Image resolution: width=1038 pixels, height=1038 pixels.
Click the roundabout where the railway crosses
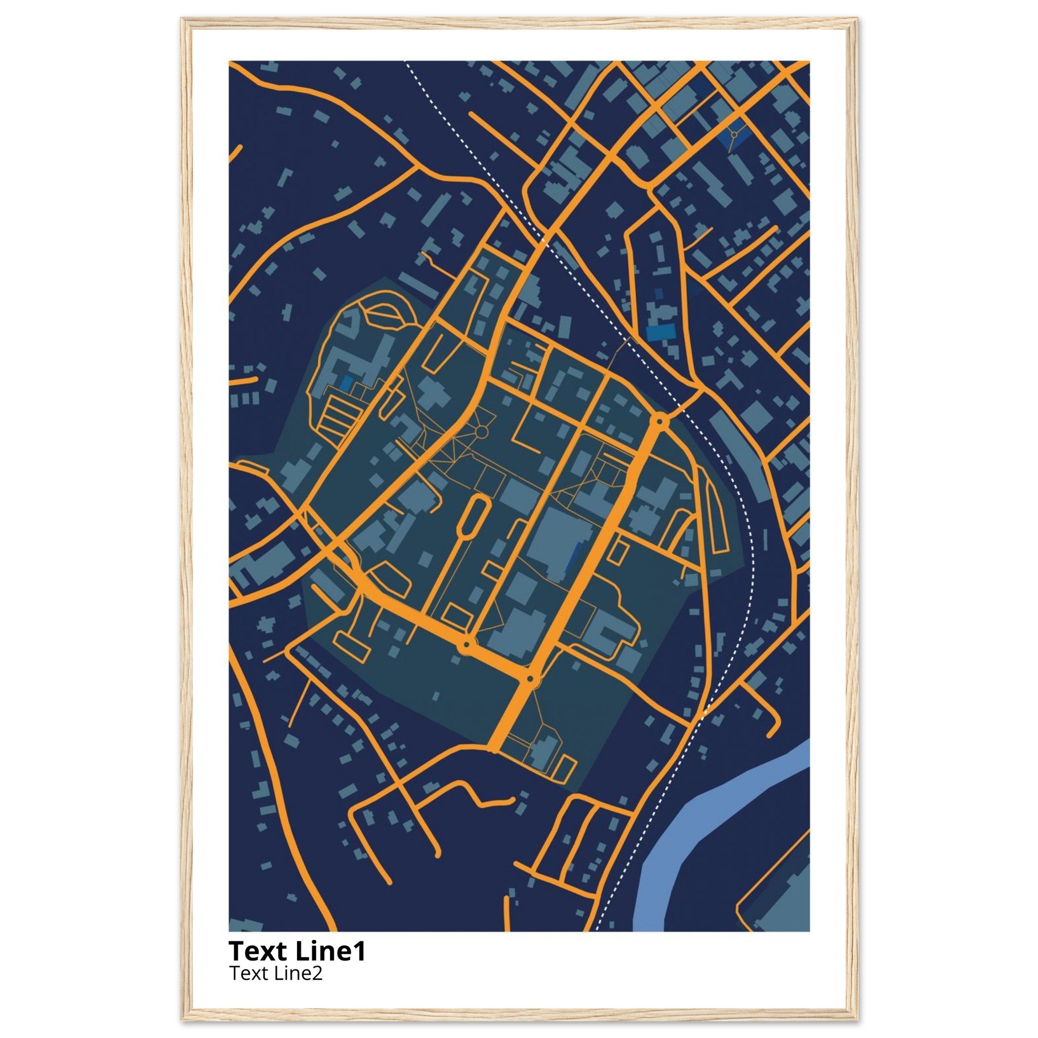660,421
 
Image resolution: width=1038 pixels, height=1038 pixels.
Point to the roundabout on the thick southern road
466,644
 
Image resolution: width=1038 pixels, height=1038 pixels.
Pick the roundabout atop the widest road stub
531,680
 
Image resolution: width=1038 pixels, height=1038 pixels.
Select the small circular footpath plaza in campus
481,431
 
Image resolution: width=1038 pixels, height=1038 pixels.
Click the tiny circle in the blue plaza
733,131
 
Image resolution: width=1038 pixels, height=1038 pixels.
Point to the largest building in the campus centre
559,544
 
